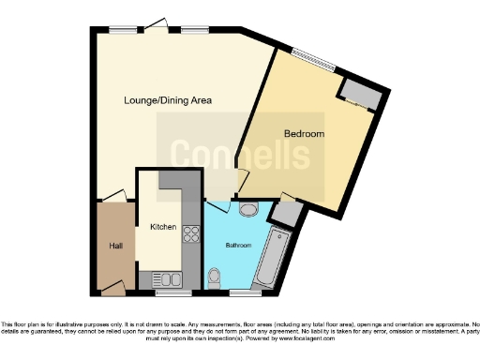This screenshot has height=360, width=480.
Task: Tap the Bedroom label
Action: pos(305,134)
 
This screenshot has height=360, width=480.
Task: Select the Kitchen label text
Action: pos(164,227)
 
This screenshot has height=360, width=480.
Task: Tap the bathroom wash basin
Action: pos(249,208)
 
